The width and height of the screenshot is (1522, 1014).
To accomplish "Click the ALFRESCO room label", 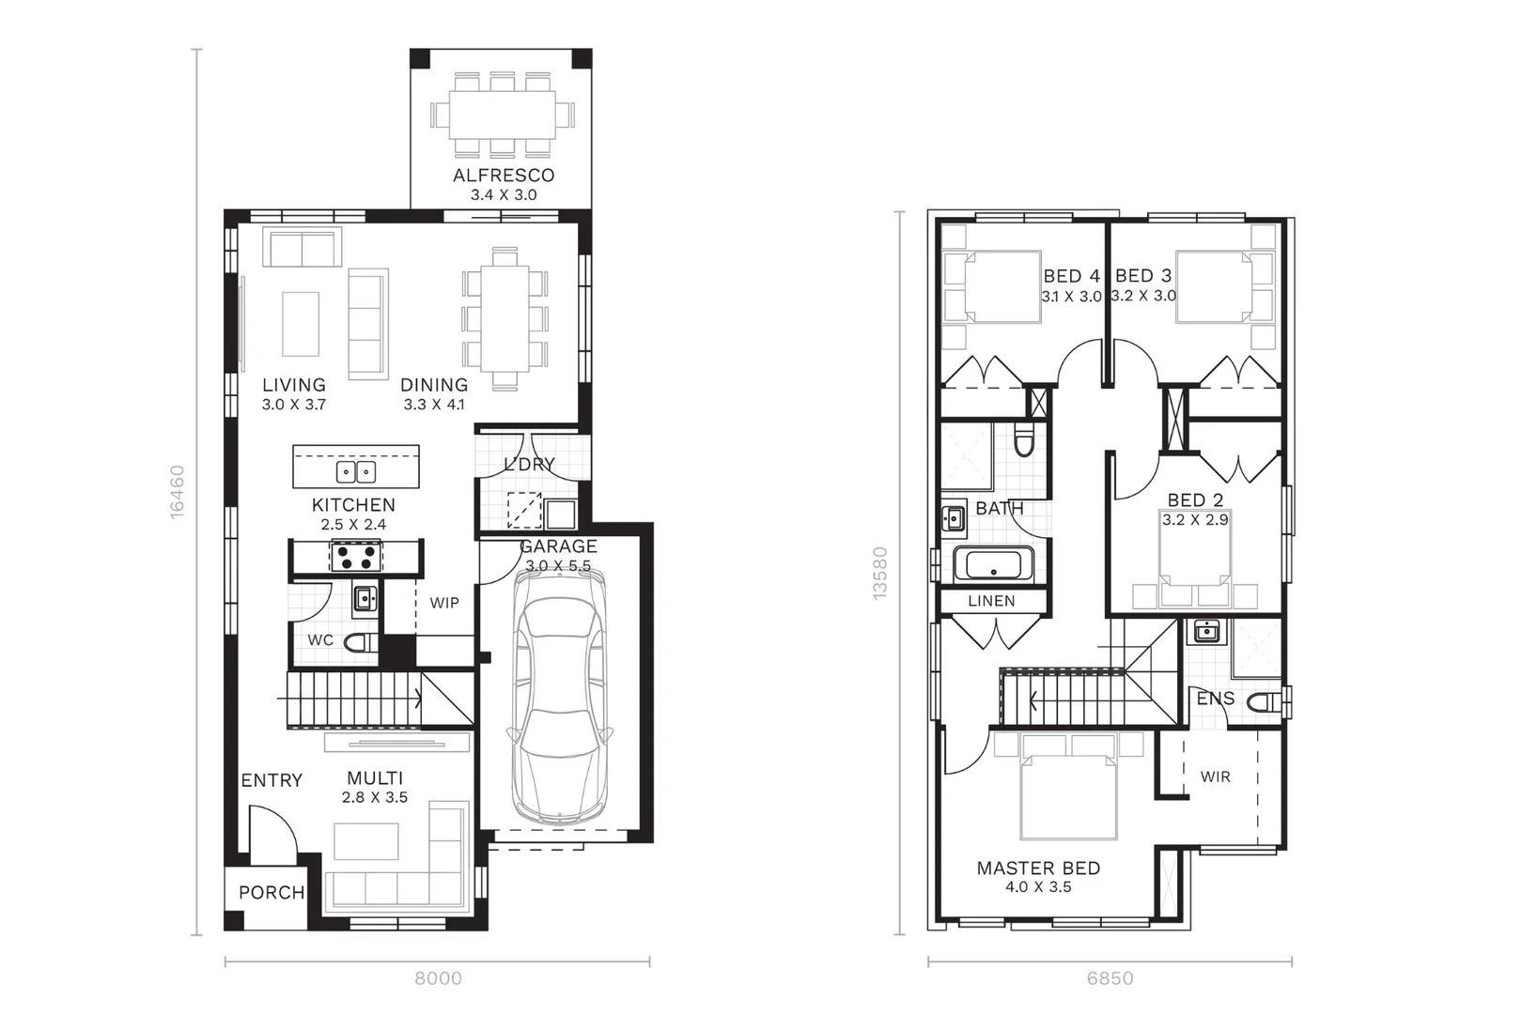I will [504, 176].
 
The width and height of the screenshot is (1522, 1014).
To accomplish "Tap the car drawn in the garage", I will [558, 695].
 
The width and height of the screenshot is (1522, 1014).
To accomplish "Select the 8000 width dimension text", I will [438, 978].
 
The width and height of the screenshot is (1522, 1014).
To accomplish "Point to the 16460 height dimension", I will [177, 491].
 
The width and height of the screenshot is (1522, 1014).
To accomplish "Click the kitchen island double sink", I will [356, 471].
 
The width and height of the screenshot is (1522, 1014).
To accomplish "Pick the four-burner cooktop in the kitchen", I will [355, 557].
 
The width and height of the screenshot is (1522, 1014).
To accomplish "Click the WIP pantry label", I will [444, 603].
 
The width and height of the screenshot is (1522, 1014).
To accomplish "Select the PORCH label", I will [272, 893].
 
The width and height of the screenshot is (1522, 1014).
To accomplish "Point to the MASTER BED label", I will [1038, 868].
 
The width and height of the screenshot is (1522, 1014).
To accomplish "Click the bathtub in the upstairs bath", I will [993, 566].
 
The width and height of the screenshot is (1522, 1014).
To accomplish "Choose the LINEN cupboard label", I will [991, 601].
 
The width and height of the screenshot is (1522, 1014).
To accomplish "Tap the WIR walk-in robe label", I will [1215, 776].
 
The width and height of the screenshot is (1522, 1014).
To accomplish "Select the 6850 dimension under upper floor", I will [1110, 978].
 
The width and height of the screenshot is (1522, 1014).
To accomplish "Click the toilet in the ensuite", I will [1270, 701].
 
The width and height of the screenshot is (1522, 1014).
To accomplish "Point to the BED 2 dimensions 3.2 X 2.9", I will [1195, 520].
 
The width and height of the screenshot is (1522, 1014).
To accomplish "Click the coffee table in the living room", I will [301, 323].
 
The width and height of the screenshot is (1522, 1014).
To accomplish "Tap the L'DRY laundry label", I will [529, 465].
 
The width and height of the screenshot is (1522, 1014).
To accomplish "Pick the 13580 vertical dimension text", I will [879, 573].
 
